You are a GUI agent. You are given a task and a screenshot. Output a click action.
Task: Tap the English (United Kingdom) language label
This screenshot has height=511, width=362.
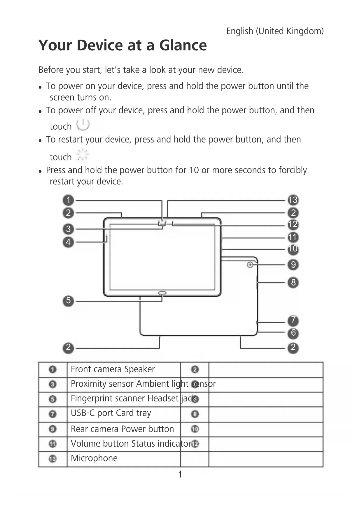[x=275, y=31]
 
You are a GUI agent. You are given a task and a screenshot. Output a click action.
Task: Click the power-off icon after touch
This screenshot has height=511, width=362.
[x=83, y=125]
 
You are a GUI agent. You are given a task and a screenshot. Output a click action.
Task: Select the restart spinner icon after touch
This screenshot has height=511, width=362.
[x=83, y=154]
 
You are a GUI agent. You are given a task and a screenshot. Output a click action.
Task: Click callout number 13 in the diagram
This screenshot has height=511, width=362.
[x=293, y=200]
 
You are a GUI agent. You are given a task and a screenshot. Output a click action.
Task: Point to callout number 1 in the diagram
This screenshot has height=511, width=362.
[x=68, y=200]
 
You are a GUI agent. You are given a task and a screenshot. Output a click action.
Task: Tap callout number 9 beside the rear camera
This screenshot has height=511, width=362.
[x=293, y=265]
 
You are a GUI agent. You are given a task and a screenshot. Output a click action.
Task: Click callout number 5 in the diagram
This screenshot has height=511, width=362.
[x=68, y=300]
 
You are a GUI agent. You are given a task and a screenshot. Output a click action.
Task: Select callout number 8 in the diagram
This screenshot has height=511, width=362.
[x=293, y=282]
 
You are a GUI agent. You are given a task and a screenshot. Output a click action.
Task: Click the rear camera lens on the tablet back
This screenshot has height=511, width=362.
[x=250, y=265]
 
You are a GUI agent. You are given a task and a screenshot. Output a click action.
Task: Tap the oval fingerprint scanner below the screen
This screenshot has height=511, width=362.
[x=162, y=292]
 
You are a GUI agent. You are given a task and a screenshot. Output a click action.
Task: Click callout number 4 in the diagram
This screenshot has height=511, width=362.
[x=68, y=242]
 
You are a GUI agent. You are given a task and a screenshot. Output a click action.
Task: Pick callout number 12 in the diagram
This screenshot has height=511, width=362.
[x=293, y=224]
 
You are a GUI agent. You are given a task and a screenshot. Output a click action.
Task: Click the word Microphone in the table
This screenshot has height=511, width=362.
[x=94, y=458]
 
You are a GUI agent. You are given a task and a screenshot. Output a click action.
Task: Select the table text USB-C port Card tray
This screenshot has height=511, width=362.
[x=111, y=413]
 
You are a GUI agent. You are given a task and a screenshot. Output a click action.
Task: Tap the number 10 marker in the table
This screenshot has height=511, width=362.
[x=195, y=429]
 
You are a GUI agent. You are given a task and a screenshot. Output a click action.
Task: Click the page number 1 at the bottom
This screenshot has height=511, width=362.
[x=180, y=474]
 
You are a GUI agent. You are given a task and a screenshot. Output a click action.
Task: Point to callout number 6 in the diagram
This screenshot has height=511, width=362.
[x=293, y=333]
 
